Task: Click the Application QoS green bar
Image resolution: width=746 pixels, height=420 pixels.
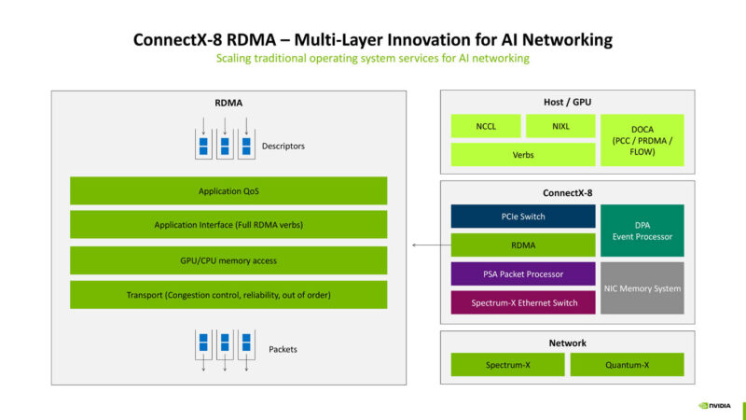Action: click(228, 191)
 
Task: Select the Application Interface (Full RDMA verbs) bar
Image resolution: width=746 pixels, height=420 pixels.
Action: click(228, 225)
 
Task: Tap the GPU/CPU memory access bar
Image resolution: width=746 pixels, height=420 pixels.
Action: click(228, 260)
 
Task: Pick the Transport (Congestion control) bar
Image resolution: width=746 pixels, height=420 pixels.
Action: click(228, 295)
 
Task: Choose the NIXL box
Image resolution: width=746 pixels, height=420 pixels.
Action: click(559, 126)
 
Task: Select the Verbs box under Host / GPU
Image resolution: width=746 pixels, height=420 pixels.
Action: click(522, 155)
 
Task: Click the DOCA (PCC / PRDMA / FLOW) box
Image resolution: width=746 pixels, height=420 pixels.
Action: click(642, 140)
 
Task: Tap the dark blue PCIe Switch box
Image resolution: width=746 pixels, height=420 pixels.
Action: click(522, 217)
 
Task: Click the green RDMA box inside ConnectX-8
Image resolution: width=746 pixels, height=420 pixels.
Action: click(522, 245)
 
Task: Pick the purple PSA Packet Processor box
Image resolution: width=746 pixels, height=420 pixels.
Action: click(522, 274)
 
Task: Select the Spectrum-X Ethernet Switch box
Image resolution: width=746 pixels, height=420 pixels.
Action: click(522, 302)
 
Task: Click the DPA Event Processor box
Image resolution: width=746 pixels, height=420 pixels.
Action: click(642, 231)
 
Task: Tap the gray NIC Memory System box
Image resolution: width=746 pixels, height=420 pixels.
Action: click(642, 288)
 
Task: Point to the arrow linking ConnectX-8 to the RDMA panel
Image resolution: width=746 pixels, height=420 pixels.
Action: click(429, 245)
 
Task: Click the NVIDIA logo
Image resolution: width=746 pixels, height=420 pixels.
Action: click(716, 406)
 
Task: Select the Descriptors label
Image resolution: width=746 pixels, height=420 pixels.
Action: click(283, 147)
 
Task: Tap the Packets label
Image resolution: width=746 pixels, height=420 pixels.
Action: click(283, 349)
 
